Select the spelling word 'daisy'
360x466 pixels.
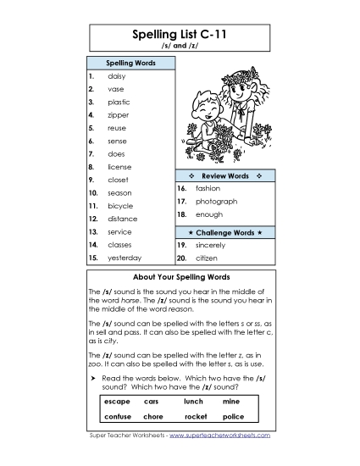[117, 75]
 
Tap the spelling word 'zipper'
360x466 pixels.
[119, 114]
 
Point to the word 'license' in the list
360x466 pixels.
[119, 166]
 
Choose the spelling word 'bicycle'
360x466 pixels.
[120, 206]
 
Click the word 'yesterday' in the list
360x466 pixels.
[125, 258]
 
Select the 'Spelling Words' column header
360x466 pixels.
[130, 63]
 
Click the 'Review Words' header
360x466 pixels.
[224, 175]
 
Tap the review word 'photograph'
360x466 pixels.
[216, 202]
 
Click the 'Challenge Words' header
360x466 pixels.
[224, 231]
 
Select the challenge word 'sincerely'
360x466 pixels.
[212, 244]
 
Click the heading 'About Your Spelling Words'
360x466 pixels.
[181, 277]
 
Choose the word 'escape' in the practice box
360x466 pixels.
[116, 401]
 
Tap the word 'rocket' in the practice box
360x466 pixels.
[196, 416]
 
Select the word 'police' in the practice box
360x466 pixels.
[233, 416]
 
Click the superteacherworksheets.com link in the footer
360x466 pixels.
[220, 435]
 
